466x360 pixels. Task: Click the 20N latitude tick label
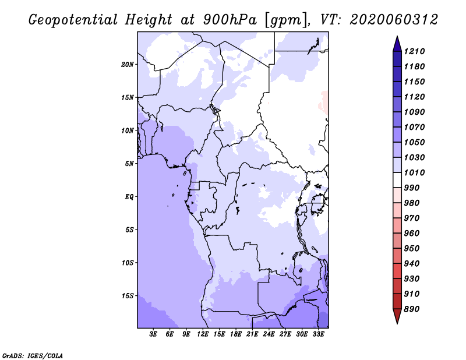(x=127, y=65)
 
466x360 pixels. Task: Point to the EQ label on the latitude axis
(x=129, y=197)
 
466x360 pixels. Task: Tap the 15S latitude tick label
(x=127, y=296)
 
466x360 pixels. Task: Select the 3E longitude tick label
(x=153, y=334)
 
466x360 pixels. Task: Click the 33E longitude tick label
(x=318, y=334)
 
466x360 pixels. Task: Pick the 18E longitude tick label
(x=236, y=334)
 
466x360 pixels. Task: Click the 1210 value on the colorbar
(x=414, y=51)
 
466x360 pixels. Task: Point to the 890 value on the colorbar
(x=412, y=309)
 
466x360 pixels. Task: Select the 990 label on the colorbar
(x=412, y=188)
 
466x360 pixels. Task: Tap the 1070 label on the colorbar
(x=414, y=127)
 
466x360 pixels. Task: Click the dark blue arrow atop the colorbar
(x=397, y=44)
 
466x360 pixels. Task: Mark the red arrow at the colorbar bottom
(x=397, y=316)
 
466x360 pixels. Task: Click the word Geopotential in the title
(x=73, y=20)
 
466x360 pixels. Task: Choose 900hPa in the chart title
(x=230, y=20)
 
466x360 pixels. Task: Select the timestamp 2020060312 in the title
(x=394, y=20)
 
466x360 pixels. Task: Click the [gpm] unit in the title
(x=285, y=20)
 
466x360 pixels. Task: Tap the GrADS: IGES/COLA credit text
(x=33, y=356)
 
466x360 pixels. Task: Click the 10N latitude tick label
(x=127, y=130)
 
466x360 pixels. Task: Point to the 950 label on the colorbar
(x=412, y=249)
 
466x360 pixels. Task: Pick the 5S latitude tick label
(x=129, y=230)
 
